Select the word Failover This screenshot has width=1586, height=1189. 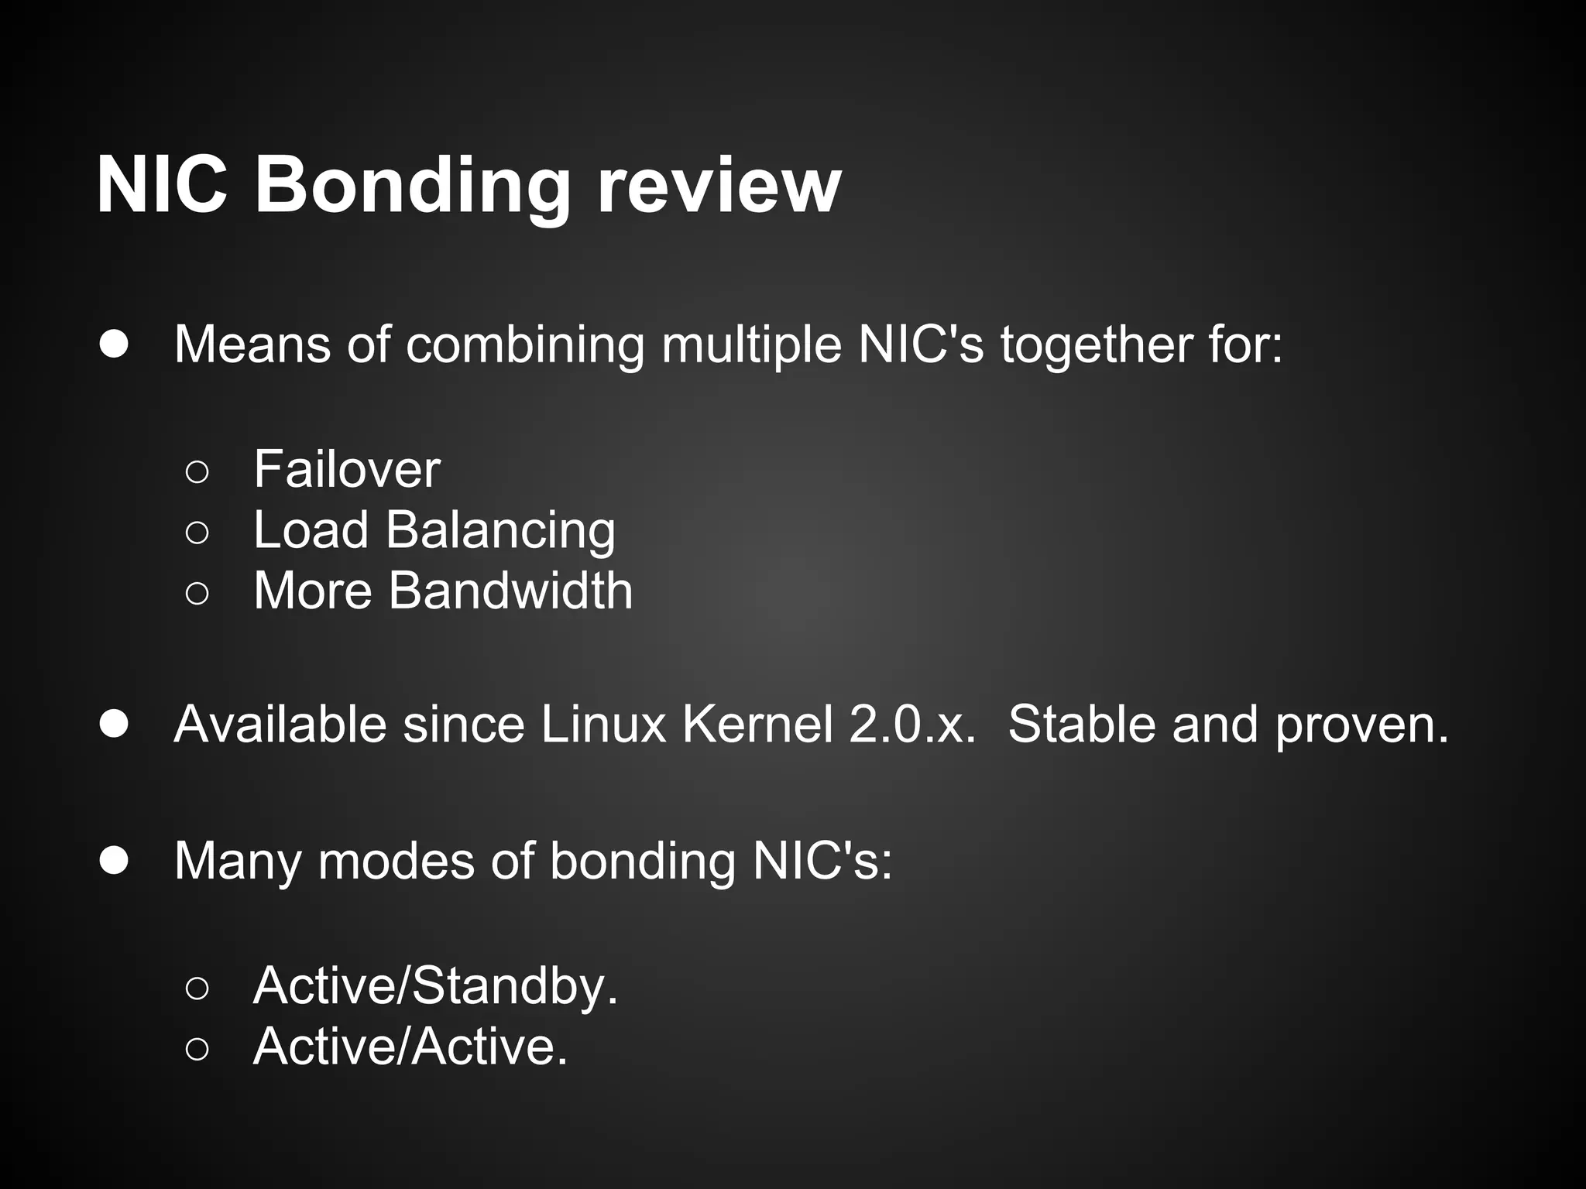[x=347, y=469]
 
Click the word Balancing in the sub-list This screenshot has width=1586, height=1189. [x=500, y=531]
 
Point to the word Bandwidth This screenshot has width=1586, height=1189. [x=510, y=591]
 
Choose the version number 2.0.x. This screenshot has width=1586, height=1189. [x=912, y=725]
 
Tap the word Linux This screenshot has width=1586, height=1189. [x=603, y=725]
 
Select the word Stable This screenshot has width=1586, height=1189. [x=1082, y=725]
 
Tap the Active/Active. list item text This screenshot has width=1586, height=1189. [x=410, y=1047]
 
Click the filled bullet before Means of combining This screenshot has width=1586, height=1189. [x=114, y=344]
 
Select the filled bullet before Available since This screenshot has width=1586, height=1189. [x=114, y=725]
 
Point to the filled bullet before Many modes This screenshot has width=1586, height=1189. [x=114, y=861]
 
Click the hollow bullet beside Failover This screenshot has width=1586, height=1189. [x=197, y=471]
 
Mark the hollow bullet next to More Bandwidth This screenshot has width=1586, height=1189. [x=197, y=593]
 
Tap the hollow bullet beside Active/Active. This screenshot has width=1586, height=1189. [x=197, y=1050]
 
